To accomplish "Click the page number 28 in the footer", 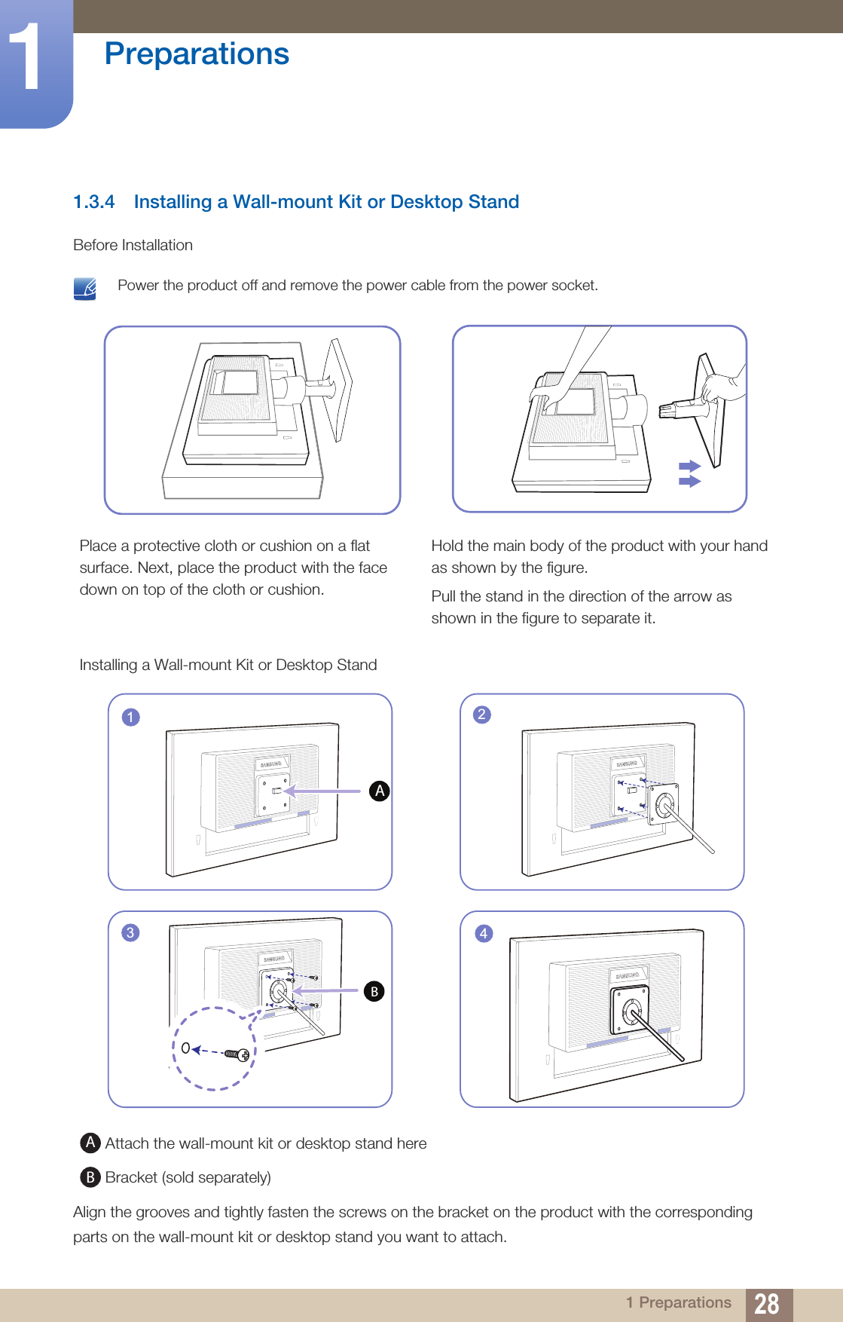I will (x=766, y=1303).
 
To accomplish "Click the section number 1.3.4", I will (x=94, y=202).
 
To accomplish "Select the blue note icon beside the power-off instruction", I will (x=85, y=288).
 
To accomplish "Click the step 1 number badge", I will (x=130, y=717).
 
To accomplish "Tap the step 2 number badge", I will (x=482, y=715).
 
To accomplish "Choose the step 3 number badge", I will (x=130, y=933).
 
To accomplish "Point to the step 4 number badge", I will (x=484, y=934).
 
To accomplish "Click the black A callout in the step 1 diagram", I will (x=380, y=791).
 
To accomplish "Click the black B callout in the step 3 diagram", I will (x=374, y=991).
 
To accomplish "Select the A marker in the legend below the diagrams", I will (x=90, y=1143).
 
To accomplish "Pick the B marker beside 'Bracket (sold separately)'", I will (x=90, y=1177).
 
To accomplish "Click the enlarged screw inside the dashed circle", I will (x=237, y=1054).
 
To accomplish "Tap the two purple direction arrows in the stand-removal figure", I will (x=689, y=473).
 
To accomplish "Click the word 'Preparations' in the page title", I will (x=197, y=54).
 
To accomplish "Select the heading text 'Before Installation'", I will (x=133, y=245).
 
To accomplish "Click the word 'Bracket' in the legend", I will (x=131, y=1177).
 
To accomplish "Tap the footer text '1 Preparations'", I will (x=678, y=1302).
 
